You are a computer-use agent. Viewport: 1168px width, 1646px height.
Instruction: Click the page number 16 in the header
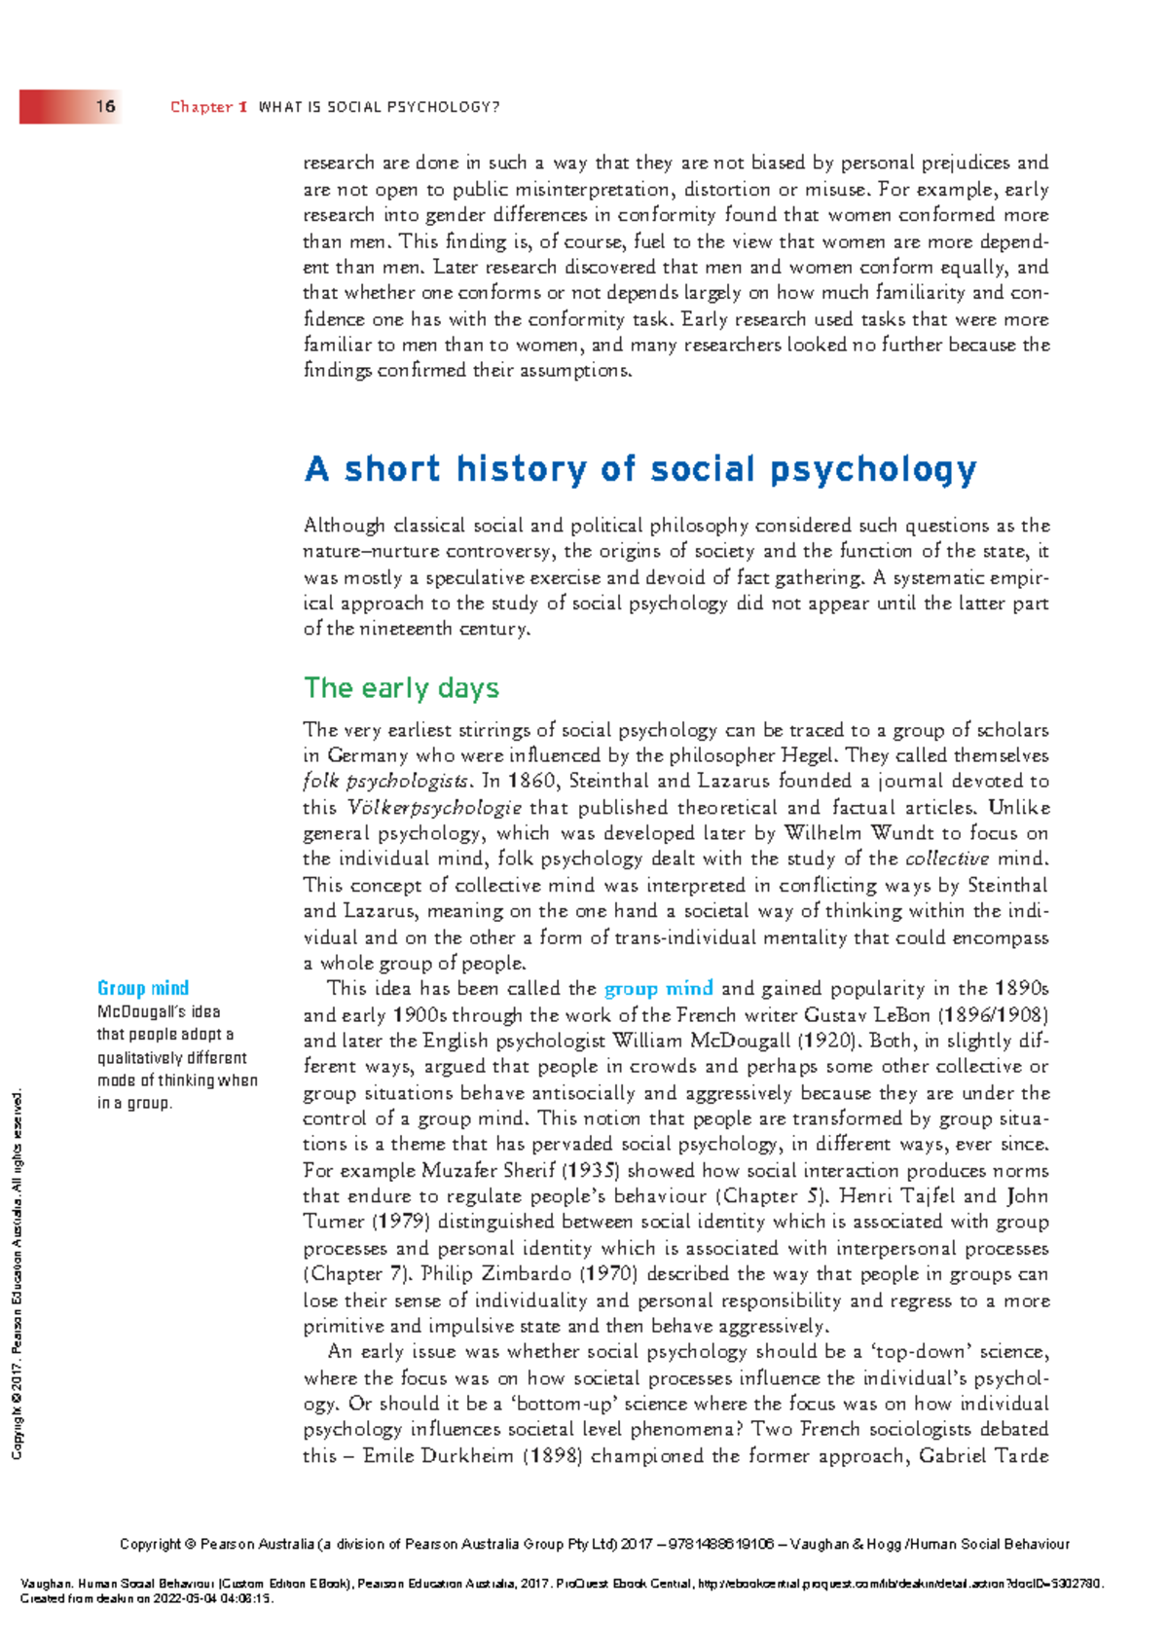tap(105, 106)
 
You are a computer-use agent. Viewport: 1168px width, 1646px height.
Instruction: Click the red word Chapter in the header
tap(201, 107)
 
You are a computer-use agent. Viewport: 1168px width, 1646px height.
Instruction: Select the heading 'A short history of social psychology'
tap(640, 469)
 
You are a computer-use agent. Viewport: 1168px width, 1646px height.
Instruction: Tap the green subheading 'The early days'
tap(401, 688)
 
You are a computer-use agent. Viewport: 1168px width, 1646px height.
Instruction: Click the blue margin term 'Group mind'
tap(143, 988)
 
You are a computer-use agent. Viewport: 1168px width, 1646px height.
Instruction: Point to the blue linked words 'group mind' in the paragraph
tap(659, 989)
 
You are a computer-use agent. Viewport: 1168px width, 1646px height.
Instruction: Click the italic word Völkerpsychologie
tap(434, 807)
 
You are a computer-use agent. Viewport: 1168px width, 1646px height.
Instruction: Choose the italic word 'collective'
tap(946, 859)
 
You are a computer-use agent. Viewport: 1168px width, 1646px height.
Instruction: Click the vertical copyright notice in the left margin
tap(17, 1275)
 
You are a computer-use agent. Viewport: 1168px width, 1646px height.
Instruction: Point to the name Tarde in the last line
tap(1022, 1456)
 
